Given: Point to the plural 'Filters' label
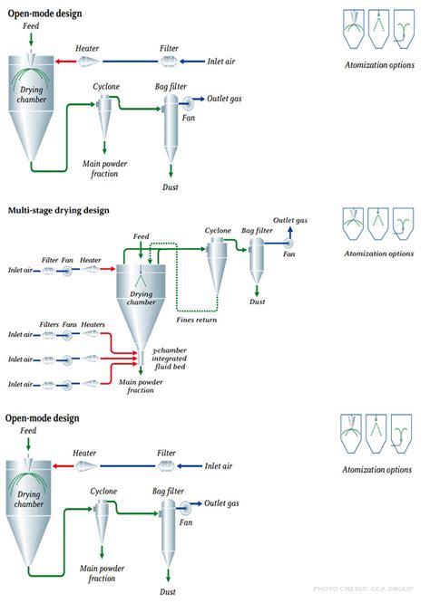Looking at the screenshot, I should pyautogui.click(x=49, y=324).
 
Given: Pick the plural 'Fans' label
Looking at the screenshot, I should pyautogui.click(x=72, y=324).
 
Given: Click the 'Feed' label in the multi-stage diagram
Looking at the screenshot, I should pyautogui.click(x=141, y=237).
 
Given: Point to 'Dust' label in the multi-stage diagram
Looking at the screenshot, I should pyautogui.click(x=259, y=301).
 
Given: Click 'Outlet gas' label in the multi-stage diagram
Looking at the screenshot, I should pyautogui.click(x=290, y=221).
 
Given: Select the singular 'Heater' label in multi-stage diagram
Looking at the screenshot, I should pyautogui.click(x=91, y=260).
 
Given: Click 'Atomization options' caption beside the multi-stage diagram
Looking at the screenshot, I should pyautogui.click(x=378, y=254).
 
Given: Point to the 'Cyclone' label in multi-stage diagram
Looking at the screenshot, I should pyautogui.click(x=218, y=231).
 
